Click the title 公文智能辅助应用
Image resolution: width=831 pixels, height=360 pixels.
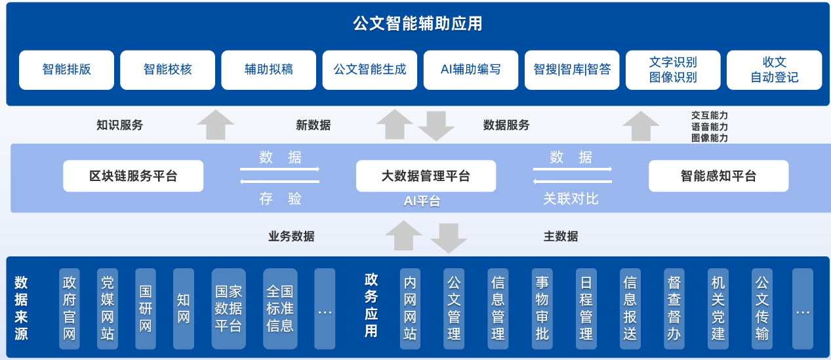(417, 24)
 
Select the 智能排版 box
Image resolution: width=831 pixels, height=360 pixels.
(66, 70)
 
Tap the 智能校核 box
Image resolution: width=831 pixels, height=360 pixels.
(168, 70)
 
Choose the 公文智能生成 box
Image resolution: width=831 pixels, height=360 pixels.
(370, 70)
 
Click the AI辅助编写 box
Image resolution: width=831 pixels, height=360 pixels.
(471, 70)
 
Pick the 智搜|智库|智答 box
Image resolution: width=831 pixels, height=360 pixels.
(572, 70)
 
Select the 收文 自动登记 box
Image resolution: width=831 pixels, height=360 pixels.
(774, 70)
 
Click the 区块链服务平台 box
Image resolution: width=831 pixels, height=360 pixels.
(133, 176)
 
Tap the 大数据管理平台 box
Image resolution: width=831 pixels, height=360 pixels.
(426, 176)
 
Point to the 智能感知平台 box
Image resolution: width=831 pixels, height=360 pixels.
(719, 176)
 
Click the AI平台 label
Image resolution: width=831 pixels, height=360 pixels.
(422, 201)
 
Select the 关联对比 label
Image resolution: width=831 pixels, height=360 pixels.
(571, 199)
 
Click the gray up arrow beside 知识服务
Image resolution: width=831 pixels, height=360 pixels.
(216, 125)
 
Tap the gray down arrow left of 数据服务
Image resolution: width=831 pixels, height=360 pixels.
(436, 126)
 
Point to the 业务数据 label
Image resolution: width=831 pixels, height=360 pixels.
(292, 236)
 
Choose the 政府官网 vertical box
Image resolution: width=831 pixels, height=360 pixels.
(70, 308)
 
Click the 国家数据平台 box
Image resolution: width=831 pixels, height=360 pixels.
(228, 308)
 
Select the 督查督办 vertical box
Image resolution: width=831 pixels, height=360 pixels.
(674, 308)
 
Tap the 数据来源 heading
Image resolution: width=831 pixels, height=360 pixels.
(21, 308)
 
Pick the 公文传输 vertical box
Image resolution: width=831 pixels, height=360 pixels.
(762, 308)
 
